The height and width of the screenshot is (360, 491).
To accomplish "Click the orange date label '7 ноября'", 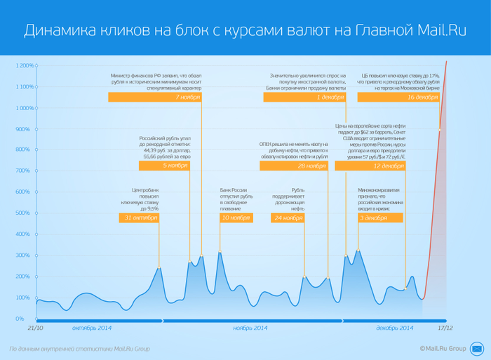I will (187, 98).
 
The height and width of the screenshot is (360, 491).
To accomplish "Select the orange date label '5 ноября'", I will (175, 166).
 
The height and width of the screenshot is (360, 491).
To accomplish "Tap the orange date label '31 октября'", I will (137, 218).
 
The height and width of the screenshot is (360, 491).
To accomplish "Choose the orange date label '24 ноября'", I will (288, 218).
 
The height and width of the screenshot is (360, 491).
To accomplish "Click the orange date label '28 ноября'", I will (311, 166).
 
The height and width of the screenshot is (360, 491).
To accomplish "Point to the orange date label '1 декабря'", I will (328, 98).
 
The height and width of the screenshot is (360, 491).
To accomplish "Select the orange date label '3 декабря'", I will (373, 218).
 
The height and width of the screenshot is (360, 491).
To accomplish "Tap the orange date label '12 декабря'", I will (388, 166).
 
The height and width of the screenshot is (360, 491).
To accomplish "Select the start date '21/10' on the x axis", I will (36, 328).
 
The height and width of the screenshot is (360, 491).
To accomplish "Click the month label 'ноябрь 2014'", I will (250, 328).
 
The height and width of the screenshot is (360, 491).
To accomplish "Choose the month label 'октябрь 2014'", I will (92, 328).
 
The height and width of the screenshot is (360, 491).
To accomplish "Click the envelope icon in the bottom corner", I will (478, 348).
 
